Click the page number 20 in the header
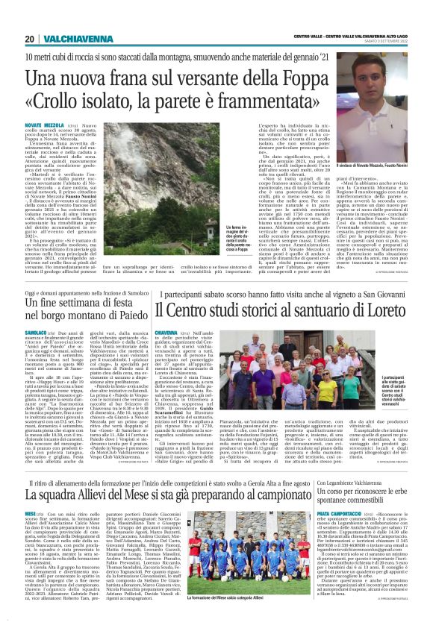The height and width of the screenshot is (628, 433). click(x=29, y=38)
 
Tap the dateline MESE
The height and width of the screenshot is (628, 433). click(x=30, y=515)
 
